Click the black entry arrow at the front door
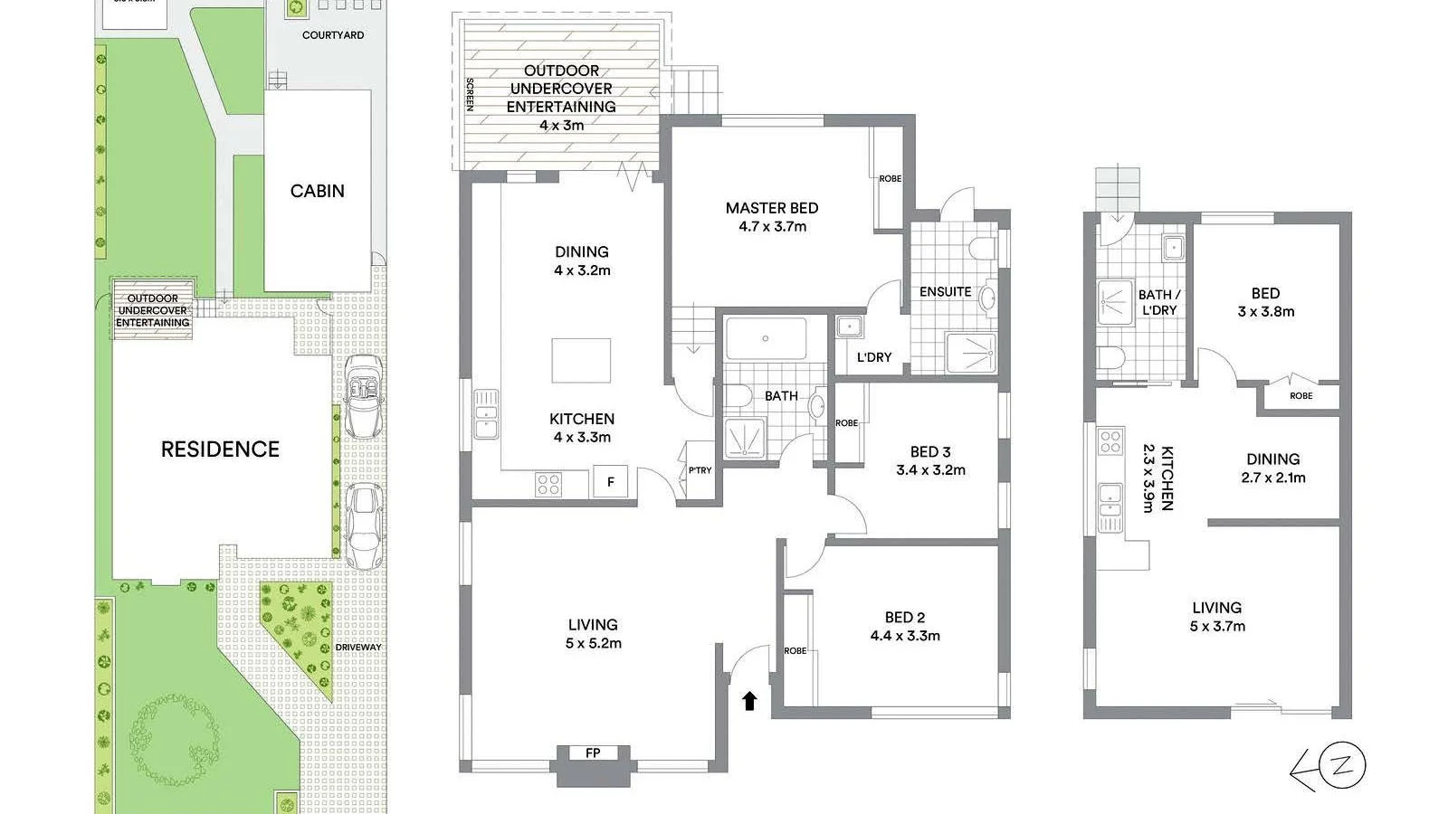[x=749, y=700]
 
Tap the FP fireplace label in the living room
[x=593, y=752]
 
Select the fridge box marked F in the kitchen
[x=611, y=482]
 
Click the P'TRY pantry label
[x=700, y=470]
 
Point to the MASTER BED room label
[x=771, y=208]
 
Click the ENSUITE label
[x=945, y=291]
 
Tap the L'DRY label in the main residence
[x=873, y=357]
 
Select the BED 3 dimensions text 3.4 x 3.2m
[x=930, y=470]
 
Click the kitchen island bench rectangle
[x=581, y=361]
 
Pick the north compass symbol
[x=1339, y=766]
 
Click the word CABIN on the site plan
[x=317, y=191]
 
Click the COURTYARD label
[x=333, y=35]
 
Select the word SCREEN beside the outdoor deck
[x=470, y=94]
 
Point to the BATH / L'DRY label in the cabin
[x=1158, y=302]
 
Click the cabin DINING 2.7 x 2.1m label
[x=1272, y=469]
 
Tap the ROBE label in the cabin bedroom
[x=1300, y=396]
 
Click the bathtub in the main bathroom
[x=766, y=339]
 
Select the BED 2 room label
[x=904, y=618]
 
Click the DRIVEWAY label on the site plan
[x=358, y=647]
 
